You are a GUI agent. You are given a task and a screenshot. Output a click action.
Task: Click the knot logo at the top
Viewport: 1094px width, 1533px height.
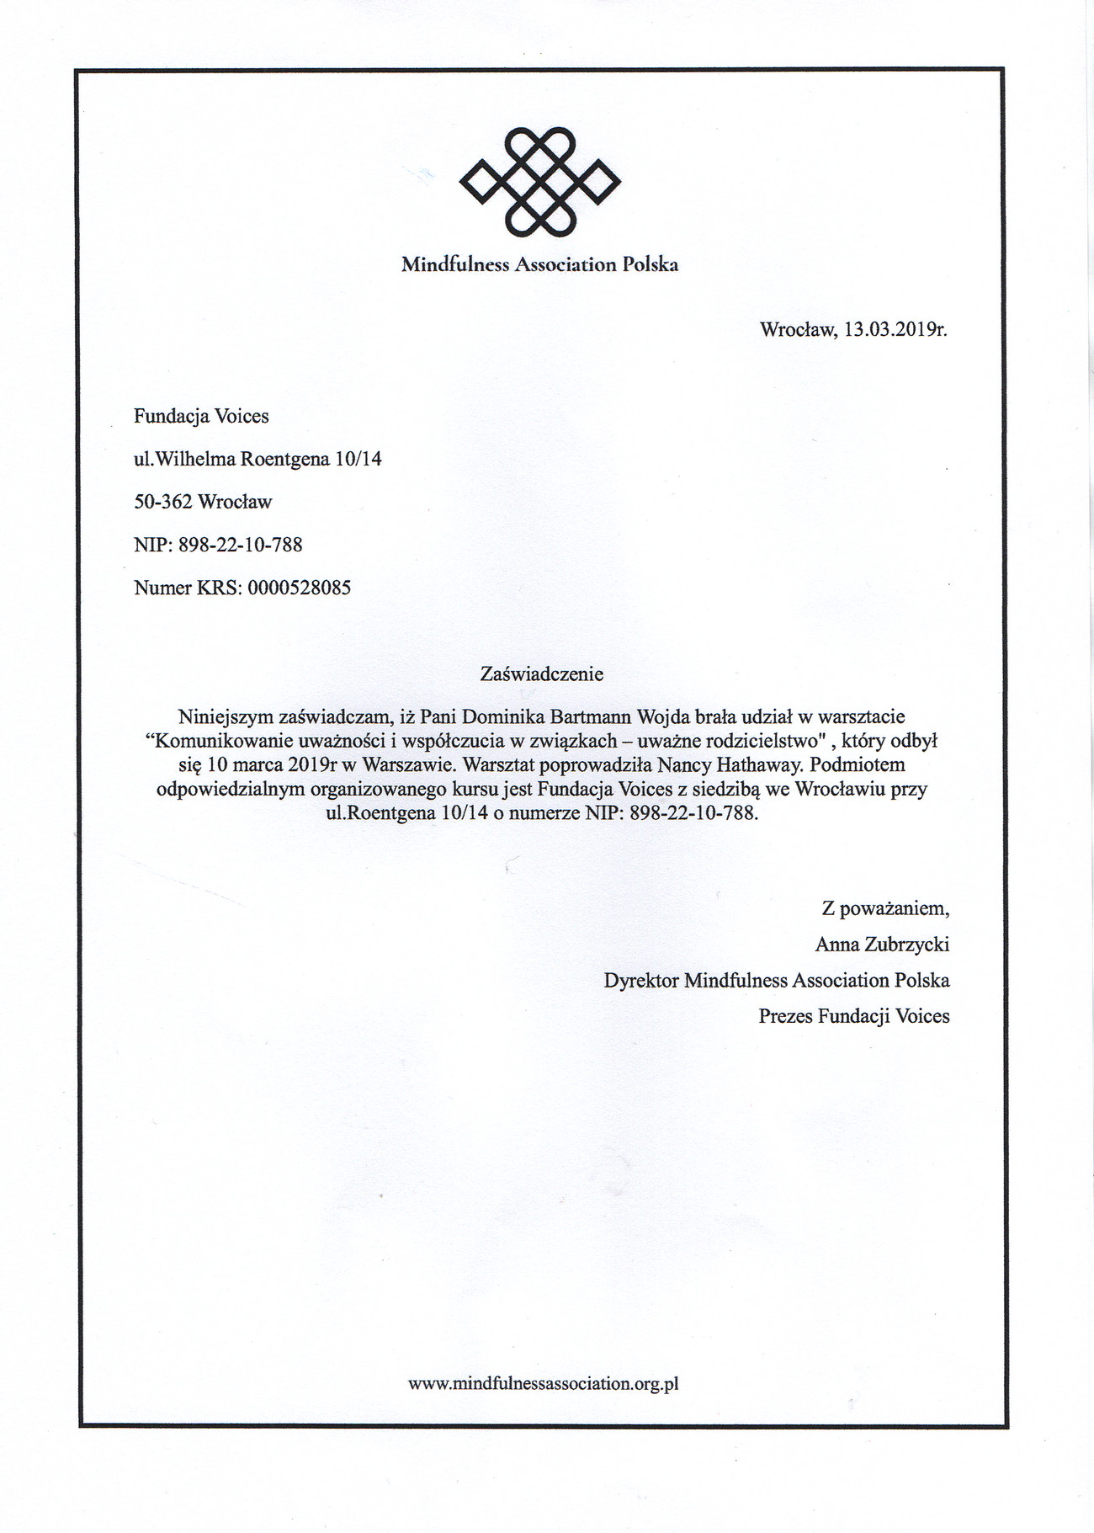pyautogui.click(x=539, y=181)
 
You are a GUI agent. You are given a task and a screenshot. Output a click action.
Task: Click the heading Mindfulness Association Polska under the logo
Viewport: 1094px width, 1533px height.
pyautogui.click(x=539, y=264)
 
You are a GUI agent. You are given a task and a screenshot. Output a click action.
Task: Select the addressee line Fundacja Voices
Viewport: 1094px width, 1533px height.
pyautogui.click(x=201, y=416)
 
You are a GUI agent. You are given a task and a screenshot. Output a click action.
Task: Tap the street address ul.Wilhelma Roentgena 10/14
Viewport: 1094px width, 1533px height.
pyautogui.click(x=258, y=459)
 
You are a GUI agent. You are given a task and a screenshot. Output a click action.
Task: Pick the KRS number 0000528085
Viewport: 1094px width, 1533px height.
pyautogui.click(x=300, y=588)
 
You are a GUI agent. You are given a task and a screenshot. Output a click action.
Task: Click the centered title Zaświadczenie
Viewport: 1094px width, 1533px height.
pyautogui.click(x=541, y=674)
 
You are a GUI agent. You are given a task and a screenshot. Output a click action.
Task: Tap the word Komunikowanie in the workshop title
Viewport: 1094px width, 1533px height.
pyautogui.click(x=217, y=742)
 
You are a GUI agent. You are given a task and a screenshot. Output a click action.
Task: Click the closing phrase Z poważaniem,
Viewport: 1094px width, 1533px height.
pyautogui.click(x=885, y=909)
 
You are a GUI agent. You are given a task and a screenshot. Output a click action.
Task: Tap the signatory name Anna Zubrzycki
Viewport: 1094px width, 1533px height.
pyautogui.click(x=882, y=945)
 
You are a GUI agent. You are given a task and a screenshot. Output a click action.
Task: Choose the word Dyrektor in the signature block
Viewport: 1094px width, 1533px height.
pyautogui.click(x=641, y=981)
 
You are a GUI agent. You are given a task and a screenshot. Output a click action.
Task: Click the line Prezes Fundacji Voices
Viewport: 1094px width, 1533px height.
pyautogui.click(x=853, y=1016)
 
